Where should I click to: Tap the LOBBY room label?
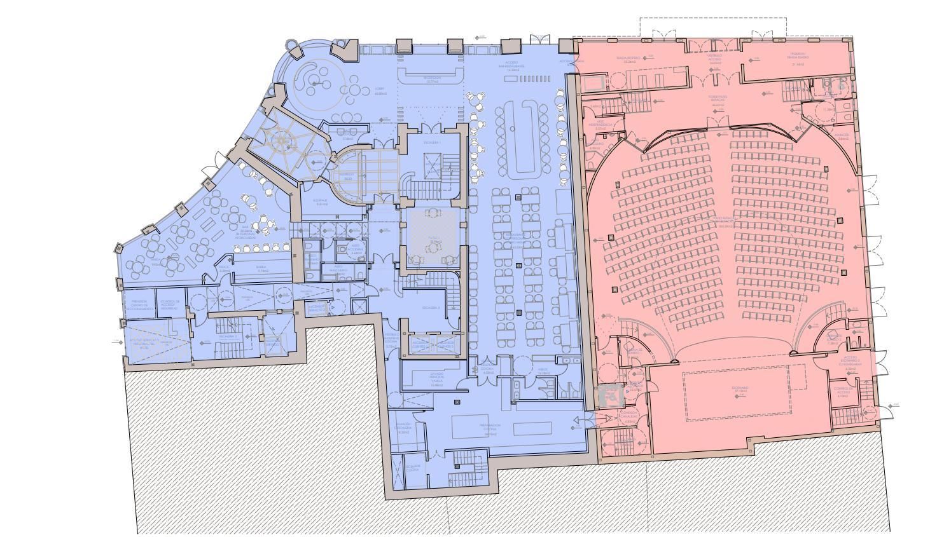point(381,90)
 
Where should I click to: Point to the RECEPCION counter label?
point(433,79)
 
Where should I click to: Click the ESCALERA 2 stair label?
point(431,308)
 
